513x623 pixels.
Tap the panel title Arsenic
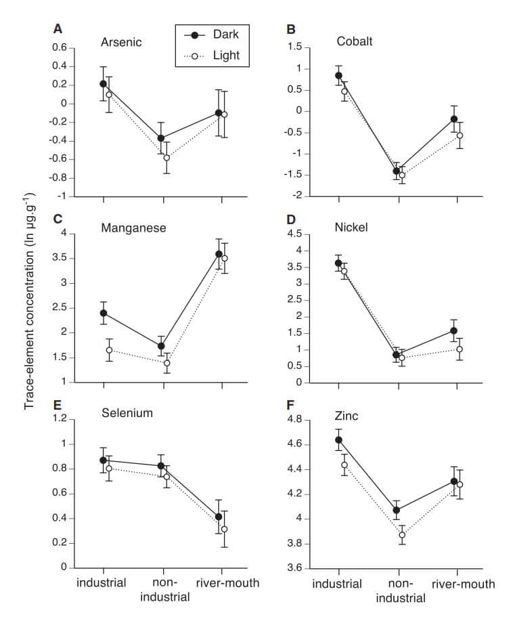point(121,43)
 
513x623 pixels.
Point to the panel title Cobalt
point(355,43)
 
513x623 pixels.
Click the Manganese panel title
point(133,228)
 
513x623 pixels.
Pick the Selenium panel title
point(127,413)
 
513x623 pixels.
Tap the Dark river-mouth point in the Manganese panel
point(219,254)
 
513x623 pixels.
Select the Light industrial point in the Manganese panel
point(109,350)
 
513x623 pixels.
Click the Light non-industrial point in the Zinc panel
point(402,535)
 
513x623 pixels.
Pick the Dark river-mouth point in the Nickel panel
point(454,331)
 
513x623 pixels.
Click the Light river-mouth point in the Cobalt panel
point(460,135)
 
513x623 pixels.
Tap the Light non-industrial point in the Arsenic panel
point(166,158)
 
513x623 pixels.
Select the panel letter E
point(58,406)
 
